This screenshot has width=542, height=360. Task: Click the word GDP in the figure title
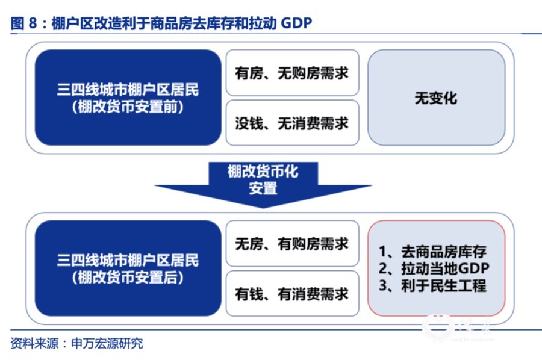tap(296, 23)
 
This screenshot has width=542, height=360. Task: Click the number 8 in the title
tap(33, 23)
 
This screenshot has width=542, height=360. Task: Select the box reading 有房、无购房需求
tap(292, 73)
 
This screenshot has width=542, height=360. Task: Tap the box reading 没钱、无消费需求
tap(292, 123)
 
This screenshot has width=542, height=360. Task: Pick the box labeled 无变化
tap(436, 98)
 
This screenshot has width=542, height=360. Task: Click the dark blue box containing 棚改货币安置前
tap(128, 98)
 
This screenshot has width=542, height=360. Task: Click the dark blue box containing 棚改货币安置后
tap(128, 268)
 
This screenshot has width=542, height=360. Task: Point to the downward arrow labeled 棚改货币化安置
tap(263, 184)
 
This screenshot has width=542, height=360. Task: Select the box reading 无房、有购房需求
tap(292, 243)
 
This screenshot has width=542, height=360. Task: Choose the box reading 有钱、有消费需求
tap(292, 293)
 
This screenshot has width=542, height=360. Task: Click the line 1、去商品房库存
tap(432, 252)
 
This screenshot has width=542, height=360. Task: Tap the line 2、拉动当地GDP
tap(434, 268)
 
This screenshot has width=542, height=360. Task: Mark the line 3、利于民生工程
tap(432, 285)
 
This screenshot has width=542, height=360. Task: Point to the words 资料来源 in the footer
tap(34, 343)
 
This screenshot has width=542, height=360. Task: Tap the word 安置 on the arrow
tap(263, 188)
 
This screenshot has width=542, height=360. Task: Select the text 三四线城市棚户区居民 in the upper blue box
tap(128, 90)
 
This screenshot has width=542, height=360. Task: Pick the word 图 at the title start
tap(17, 23)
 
